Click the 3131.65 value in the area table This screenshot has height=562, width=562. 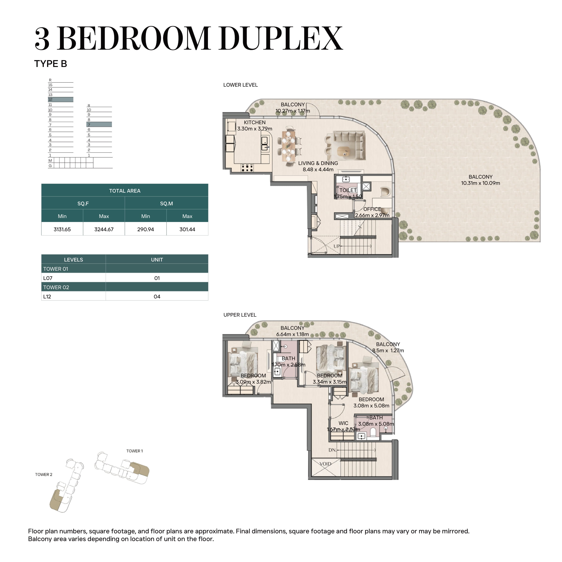click(x=62, y=229)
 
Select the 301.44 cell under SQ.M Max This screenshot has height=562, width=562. click(x=187, y=229)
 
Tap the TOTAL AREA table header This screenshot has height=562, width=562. click(x=125, y=191)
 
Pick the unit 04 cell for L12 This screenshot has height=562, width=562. click(x=157, y=297)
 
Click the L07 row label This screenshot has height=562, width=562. click(x=48, y=278)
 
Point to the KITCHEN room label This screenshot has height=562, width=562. click(x=255, y=122)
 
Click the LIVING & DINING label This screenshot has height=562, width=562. click(x=318, y=163)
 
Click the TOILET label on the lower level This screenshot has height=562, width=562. click(x=348, y=190)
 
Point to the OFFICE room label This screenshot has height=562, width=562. click(x=372, y=209)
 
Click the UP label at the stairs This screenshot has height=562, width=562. click(x=336, y=246)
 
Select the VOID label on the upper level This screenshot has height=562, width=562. click(x=325, y=464)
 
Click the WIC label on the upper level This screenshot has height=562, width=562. click(x=344, y=423)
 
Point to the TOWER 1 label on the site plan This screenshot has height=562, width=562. click(x=134, y=451)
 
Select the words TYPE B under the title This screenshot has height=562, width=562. click(x=51, y=64)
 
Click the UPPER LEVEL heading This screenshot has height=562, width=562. click(x=240, y=315)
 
